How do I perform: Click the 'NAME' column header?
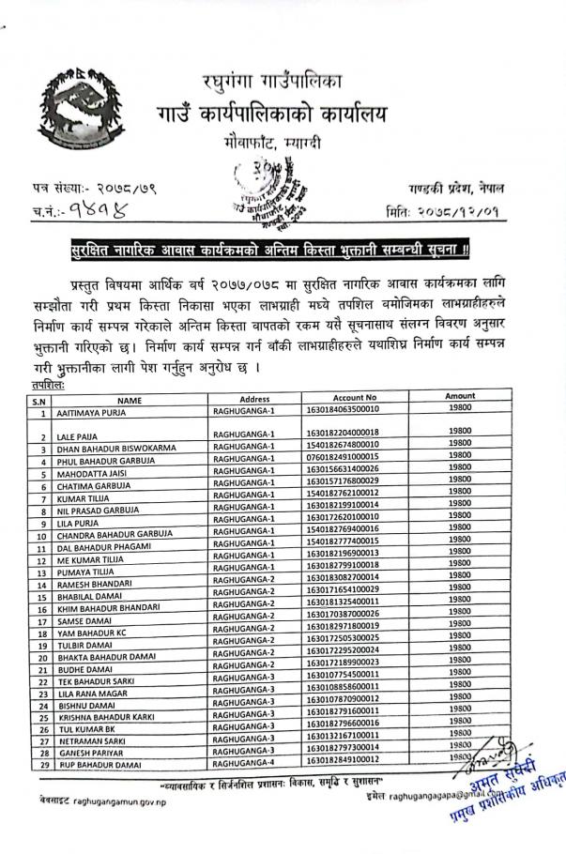(129, 400)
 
